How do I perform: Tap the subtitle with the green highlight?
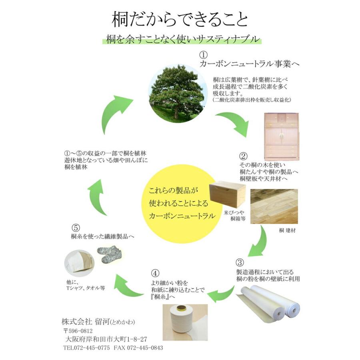point(180,40)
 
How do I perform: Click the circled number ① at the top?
point(204,54)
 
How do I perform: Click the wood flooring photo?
point(274,206)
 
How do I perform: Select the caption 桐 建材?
point(288,231)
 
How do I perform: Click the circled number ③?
point(240,263)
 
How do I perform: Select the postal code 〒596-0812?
point(78,331)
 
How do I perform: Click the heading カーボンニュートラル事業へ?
point(250,64)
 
